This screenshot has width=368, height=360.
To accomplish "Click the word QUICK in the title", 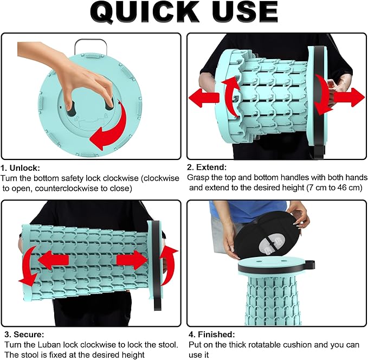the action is (144, 12).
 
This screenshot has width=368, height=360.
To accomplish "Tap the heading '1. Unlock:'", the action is (21, 168).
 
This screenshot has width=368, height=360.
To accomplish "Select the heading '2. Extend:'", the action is (207, 167).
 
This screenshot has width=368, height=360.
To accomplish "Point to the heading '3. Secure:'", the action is (24, 334).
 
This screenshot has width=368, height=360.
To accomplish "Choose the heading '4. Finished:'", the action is (212, 334).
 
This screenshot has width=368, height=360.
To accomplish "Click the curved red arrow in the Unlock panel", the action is (111, 128).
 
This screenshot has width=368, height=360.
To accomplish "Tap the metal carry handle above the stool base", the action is (91, 46).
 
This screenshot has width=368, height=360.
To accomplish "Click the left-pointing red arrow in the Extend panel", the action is (204, 98).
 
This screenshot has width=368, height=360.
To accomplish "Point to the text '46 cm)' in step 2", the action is (350, 188).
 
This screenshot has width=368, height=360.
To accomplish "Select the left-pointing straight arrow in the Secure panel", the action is (53, 260).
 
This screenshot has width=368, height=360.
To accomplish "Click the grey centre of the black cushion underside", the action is (270, 245).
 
